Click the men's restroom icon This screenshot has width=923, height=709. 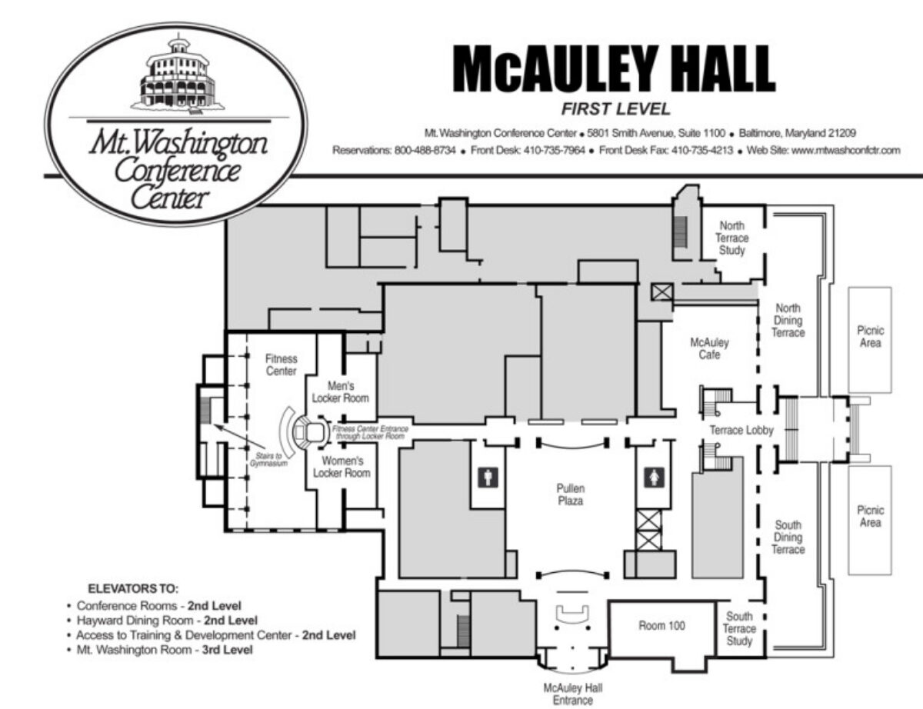[x=488, y=478]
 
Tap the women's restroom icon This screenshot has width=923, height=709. [x=654, y=478]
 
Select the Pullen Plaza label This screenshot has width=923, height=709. [x=571, y=494]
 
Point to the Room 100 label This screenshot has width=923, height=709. [x=661, y=625]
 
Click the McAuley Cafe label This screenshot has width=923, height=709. [x=709, y=348]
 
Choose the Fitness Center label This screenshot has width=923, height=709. [x=282, y=364]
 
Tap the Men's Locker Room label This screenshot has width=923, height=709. [x=340, y=392]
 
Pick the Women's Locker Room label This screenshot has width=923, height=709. [x=342, y=467]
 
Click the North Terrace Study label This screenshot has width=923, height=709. [x=731, y=238]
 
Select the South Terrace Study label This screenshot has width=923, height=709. [x=739, y=628]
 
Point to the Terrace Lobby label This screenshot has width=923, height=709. [x=741, y=431]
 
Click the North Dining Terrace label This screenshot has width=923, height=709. [x=788, y=320]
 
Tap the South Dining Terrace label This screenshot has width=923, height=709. [x=788, y=537]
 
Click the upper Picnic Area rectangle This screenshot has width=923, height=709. [x=870, y=340]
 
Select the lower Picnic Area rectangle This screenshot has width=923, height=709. [x=870, y=520]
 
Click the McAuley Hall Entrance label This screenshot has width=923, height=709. [x=573, y=694]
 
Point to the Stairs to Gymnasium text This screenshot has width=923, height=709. [x=269, y=459]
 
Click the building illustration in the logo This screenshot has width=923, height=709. [x=177, y=76]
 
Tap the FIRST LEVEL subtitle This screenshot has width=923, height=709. [x=616, y=109]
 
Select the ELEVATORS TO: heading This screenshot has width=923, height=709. [x=133, y=589]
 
